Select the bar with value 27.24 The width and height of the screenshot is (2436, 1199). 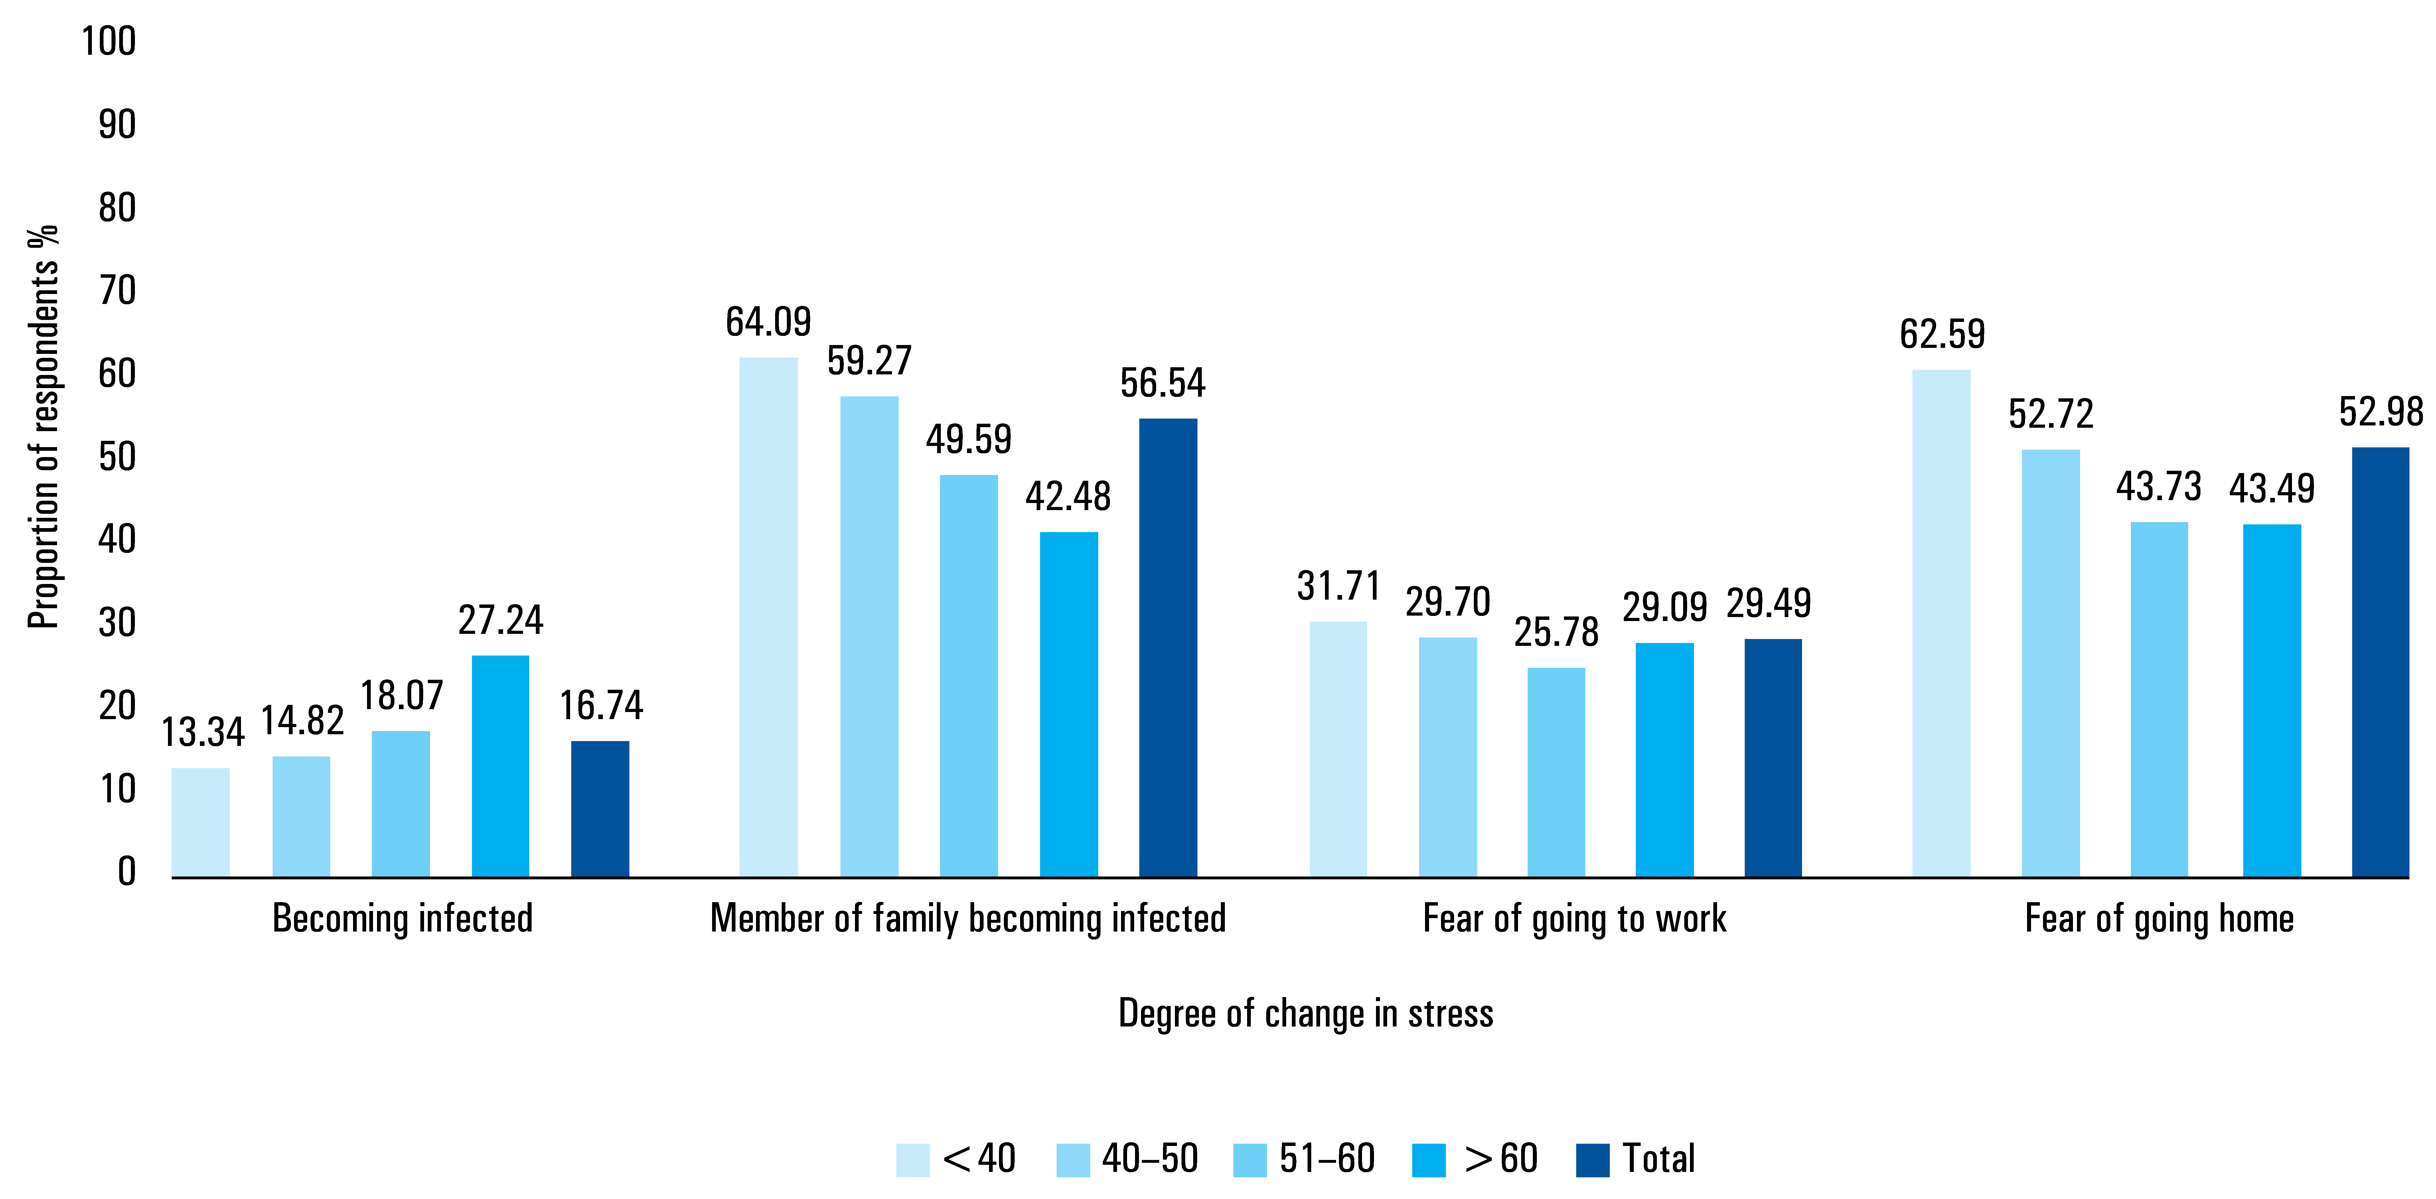500,766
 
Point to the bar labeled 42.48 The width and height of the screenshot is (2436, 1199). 1069,705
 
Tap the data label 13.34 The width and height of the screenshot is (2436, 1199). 202,732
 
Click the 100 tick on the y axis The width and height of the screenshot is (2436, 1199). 109,42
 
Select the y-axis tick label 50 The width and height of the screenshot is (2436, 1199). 117,457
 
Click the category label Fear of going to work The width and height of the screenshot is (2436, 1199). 1574,918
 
